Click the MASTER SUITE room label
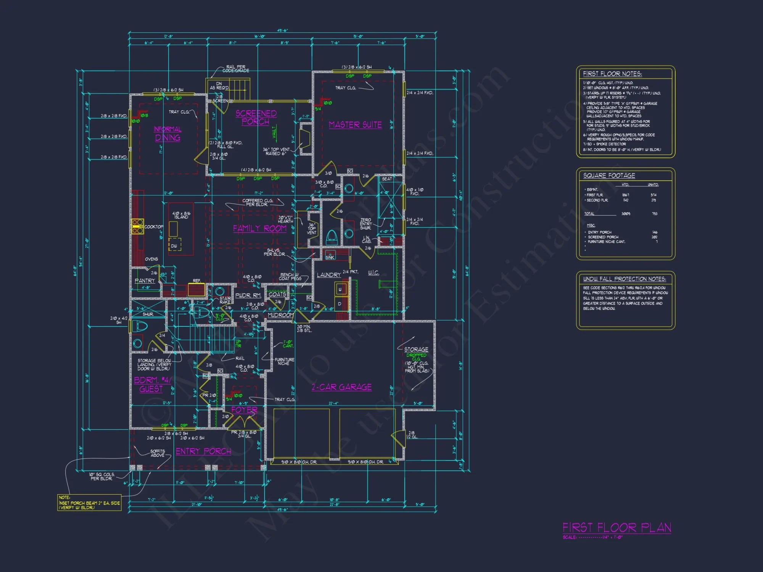pyautogui.click(x=355, y=125)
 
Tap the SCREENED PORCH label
pyautogui.click(x=256, y=117)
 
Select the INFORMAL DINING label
pyautogui.click(x=167, y=133)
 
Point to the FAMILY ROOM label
pyautogui.click(x=260, y=228)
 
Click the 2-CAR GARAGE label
pyautogui.click(x=341, y=387)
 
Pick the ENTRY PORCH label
pyautogui.click(x=203, y=451)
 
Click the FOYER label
pyautogui.click(x=244, y=410)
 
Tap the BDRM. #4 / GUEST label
pyautogui.click(x=152, y=384)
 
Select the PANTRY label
pyautogui.click(x=145, y=281)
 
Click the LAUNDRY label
pyautogui.click(x=328, y=275)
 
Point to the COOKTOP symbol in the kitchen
pyautogui.click(x=137, y=226)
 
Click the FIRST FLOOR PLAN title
pyautogui.click(x=617, y=528)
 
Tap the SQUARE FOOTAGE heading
pyautogui.click(x=609, y=175)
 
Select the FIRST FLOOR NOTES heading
pyautogui.click(x=612, y=74)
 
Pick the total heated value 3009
pyautogui.click(x=626, y=214)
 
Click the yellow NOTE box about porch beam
pyautogui.click(x=89, y=503)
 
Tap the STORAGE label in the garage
pyautogui.click(x=416, y=349)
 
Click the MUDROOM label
pyautogui.click(x=280, y=315)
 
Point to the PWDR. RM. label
pyautogui.click(x=248, y=296)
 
